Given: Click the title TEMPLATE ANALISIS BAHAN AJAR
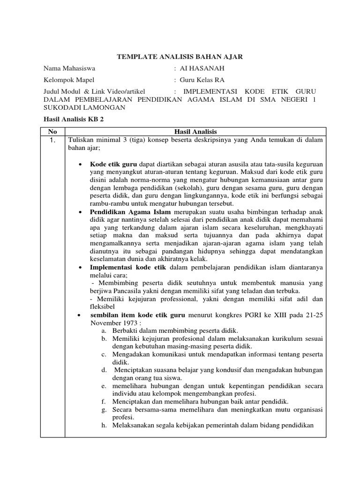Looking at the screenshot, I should pos(180,57).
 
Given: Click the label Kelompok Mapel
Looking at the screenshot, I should pos(69,80).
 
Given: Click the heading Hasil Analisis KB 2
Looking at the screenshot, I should pos(73,120).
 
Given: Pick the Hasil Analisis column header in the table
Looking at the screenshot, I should pos(195,131).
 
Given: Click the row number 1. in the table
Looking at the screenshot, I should pos(53,139).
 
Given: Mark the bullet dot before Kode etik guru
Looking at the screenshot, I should pos(81,165).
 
